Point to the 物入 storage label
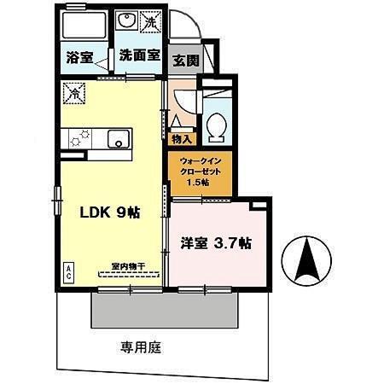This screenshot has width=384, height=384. pos(182,137)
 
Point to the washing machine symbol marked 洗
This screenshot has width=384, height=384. pos(150,23)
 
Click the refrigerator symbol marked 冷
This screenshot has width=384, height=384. pos(74,91)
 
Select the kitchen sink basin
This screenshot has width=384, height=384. pos(115,139)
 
